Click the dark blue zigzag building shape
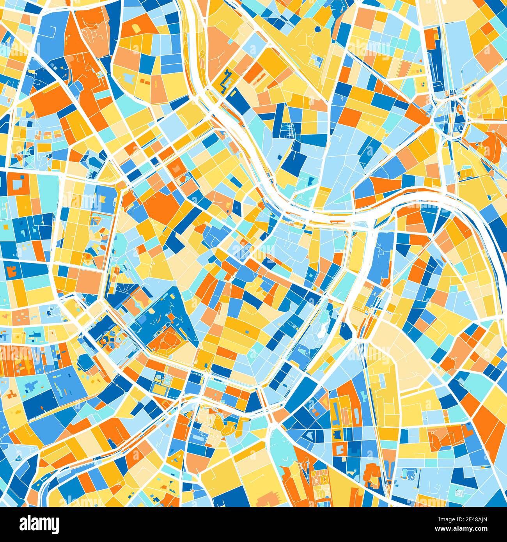[225, 81]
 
